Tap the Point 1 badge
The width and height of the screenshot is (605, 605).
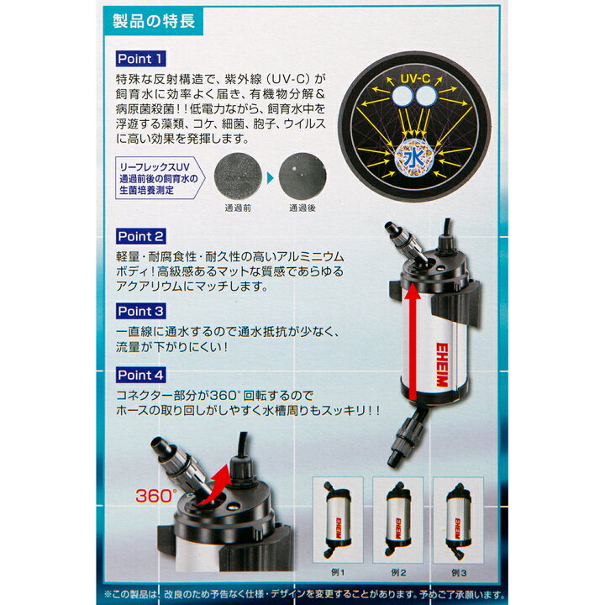click(140, 59)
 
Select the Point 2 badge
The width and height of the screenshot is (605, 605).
click(141, 236)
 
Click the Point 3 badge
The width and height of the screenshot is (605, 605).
click(141, 312)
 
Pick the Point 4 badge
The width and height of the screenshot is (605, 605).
click(141, 375)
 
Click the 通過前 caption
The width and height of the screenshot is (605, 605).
click(239, 207)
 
